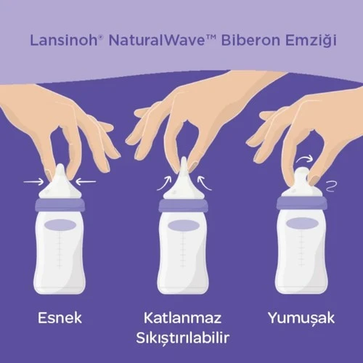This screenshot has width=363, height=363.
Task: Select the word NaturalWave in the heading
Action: (145, 39)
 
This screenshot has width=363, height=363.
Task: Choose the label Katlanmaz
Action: (181, 317)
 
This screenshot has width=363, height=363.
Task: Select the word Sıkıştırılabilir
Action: (181, 339)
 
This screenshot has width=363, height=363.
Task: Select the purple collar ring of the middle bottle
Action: (182, 205)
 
